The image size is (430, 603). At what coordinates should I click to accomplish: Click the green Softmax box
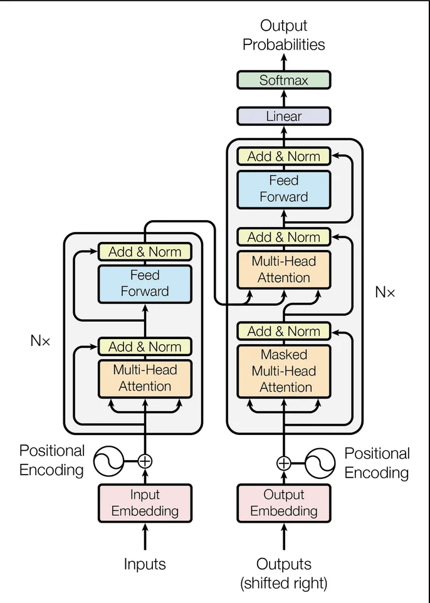(x=283, y=80)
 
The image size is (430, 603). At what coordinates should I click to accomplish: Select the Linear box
(x=283, y=116)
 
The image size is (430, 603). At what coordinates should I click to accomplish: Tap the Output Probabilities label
(x=283, y=35)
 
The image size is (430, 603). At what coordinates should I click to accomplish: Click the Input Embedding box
(x=145, y=503)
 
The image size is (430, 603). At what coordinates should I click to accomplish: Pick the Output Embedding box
(x=283, y=503)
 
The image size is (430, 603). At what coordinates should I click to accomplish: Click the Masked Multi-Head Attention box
(x=283, y=370)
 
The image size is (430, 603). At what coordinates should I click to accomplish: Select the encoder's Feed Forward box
(x=145, y=283)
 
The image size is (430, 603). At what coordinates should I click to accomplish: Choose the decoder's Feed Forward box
(x=283, y=189)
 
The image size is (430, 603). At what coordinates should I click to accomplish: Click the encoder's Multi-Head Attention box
(x=145, y=378)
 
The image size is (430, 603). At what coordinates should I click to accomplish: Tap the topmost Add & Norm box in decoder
(x=283, y=156)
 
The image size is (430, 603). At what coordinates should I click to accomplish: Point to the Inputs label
(x=145, y=564)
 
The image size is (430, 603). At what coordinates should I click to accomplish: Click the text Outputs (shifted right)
(x=283, y=574)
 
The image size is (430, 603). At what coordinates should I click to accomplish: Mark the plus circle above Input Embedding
(x=145, y=461)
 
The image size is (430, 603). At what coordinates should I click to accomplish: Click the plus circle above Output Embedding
(x=284, y=463)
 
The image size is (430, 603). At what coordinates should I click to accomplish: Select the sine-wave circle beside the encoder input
(x=108, y=462)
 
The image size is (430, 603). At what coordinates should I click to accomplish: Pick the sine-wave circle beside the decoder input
(x=320, y=463)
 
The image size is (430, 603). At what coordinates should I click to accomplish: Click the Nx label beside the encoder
(x=39, y=341)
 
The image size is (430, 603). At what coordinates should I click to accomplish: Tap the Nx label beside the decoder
(x=385, y=291)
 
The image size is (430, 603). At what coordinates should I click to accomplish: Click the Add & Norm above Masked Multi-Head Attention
(x=283, y=331)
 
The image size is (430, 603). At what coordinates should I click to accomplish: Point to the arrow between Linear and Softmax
(x=283, y=98)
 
